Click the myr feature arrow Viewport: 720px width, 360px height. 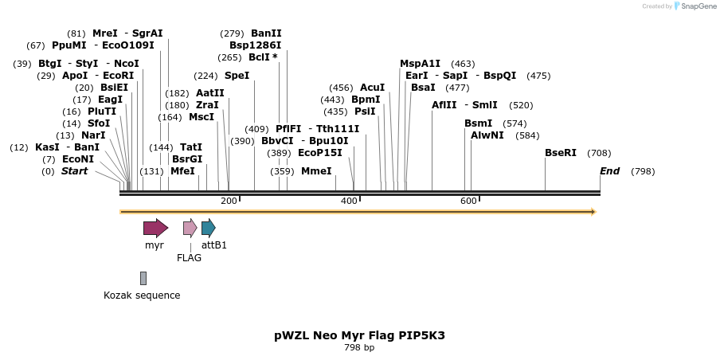click(x=155, y=229)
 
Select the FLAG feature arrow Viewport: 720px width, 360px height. click(x=190, y=229)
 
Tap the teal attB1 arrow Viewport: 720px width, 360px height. click(x=208, y=229)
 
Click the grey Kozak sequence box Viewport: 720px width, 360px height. click(x=143, y=278)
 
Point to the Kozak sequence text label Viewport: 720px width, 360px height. click(x=142, y=295)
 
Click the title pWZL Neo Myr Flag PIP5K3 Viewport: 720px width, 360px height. click(x=359, y=335)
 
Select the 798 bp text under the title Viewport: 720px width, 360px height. click(x=359, y=347)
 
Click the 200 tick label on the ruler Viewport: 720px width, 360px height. click(x=229, y=201)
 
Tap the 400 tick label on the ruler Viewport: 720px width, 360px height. click(x=349, y=201)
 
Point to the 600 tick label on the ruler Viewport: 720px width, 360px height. click(x=468, y=201)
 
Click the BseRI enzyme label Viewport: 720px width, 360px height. click(x=561, y=153)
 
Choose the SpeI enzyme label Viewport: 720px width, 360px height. click(x=237, y=76)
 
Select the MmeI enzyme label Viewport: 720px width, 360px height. click(x=316, y=171)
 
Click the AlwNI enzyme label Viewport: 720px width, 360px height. click(x=487, y=135)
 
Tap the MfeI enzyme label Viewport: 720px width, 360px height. click(x=182, y=171)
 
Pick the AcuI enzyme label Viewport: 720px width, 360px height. click(x=372, y=88)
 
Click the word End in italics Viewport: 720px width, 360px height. click(x=609, y=171)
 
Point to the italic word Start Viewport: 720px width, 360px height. click(x=74, y=171)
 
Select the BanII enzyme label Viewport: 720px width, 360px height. click(x=266, y=33)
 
